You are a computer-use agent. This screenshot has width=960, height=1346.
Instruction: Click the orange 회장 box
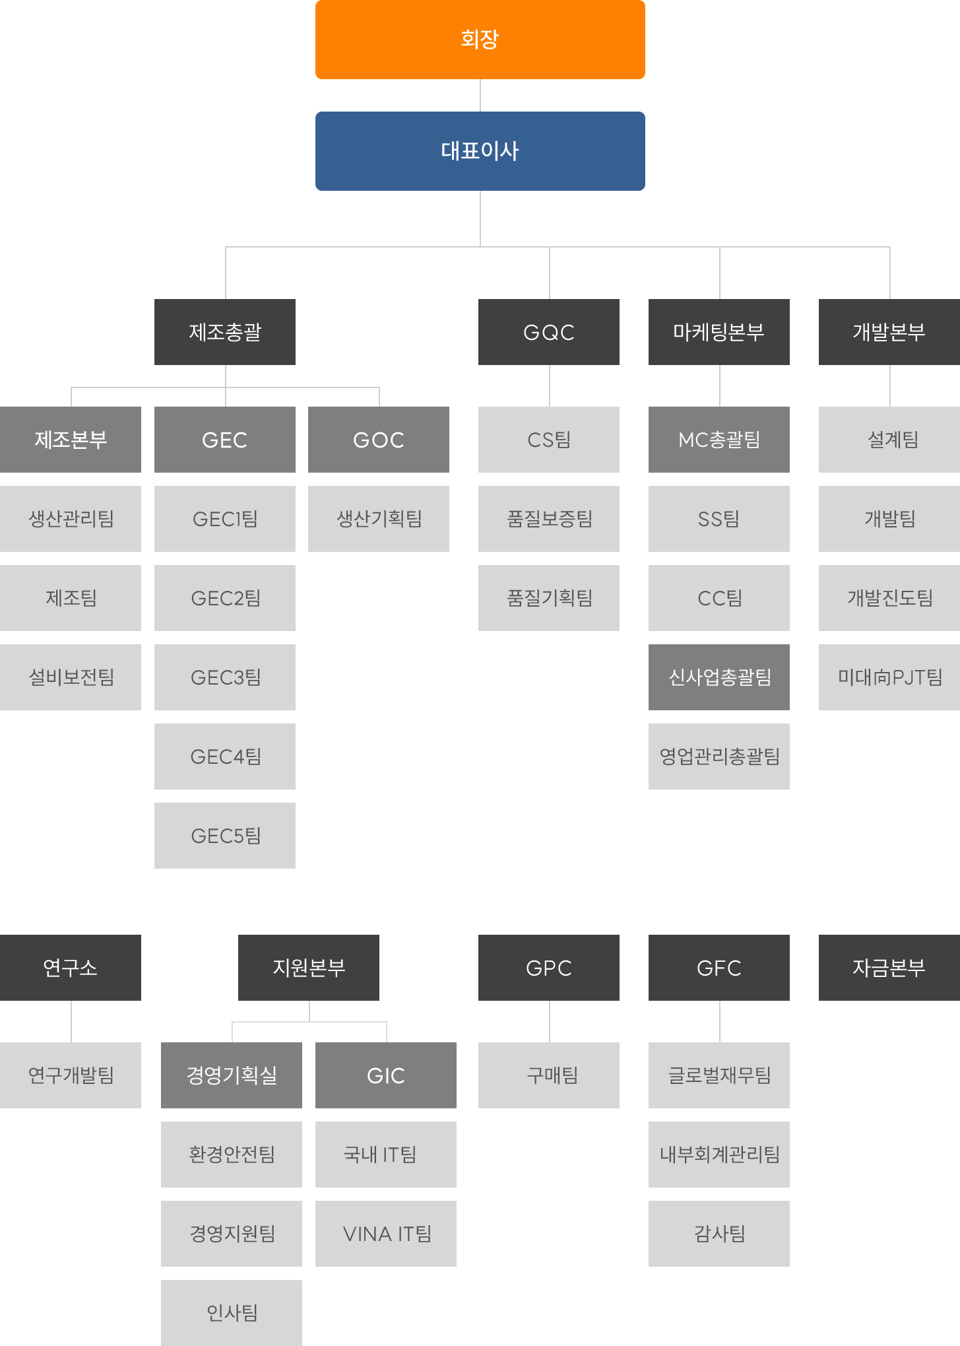coord(480,40)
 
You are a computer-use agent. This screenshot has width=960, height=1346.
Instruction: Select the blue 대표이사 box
coord(480,151)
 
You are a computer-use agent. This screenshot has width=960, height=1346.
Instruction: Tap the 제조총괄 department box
coord(225,332)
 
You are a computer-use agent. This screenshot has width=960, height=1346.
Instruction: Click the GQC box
coord(549,332)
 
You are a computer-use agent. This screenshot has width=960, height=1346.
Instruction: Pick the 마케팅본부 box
coord(719,332)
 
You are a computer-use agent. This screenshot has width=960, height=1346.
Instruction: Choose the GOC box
coord(379,440)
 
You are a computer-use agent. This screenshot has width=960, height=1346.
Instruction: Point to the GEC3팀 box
coord(225,677)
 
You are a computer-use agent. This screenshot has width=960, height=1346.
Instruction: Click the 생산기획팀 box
coord(379,519)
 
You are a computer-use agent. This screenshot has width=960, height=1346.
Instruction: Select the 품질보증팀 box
coord(549,519)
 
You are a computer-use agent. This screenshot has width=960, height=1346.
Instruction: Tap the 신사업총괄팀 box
coord(719,677)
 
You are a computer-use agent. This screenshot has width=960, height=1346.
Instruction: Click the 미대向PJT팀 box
coord(889,677)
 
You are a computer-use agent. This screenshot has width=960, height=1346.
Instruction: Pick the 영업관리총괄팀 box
coord(719,757)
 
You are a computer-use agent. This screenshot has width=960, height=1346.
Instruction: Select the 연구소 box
coord(71,968)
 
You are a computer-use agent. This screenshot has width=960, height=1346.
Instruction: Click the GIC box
coord(386,1075)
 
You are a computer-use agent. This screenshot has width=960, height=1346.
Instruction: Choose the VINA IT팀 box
coord(386,1234)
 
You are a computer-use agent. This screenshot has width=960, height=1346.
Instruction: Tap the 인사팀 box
coord(232,1313)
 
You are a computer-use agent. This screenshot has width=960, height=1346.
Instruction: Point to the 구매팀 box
coord(549,1075)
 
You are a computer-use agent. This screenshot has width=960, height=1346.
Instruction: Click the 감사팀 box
coord(719,1234)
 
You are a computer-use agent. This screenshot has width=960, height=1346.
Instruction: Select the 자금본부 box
coord(889,968)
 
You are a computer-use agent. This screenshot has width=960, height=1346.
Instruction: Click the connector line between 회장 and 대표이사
coord(480,96)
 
